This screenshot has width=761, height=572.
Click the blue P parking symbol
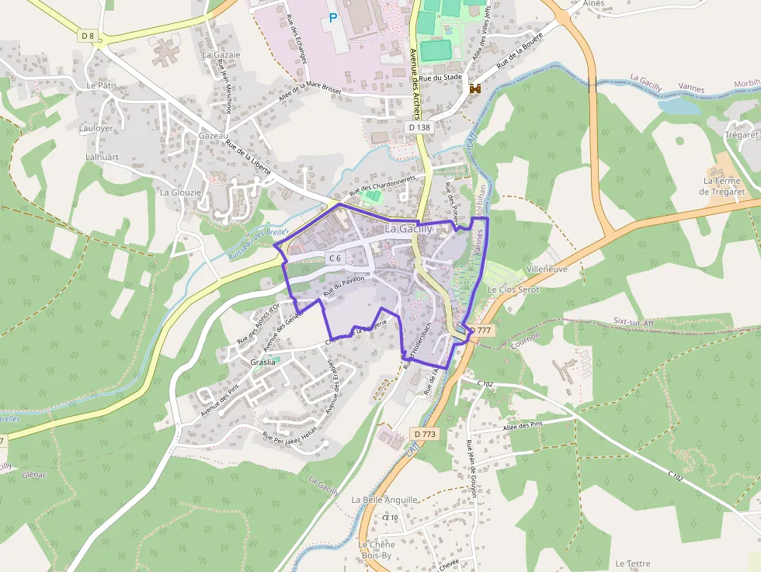point(334,16)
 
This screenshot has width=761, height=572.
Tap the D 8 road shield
point(87,35)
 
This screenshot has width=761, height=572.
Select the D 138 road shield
point(419,127)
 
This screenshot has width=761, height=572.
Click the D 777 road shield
point(481,330)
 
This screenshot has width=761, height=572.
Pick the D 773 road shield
point(425,434)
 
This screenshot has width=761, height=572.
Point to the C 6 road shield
point(335,258)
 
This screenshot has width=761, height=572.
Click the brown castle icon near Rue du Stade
point(475,89)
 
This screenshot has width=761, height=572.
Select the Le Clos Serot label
point(513,289)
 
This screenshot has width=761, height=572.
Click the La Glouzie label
point(180,192)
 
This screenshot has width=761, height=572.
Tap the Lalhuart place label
point(102,156)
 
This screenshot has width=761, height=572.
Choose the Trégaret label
point(741,134)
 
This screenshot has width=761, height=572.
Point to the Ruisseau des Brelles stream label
point(259,244)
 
